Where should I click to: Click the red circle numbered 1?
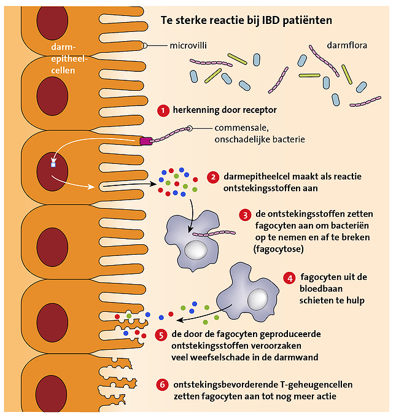click(x=163, y=111)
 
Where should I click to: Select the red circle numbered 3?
click(x=246, y=215)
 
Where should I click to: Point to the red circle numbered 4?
click(x=289, y=278)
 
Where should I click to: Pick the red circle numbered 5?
click(x=161, y=335)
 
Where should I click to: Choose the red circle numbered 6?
click(x=162, y=385)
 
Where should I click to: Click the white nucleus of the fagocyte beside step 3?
click(x=198, y=249)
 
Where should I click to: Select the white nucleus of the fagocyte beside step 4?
click(x=257, y=300)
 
